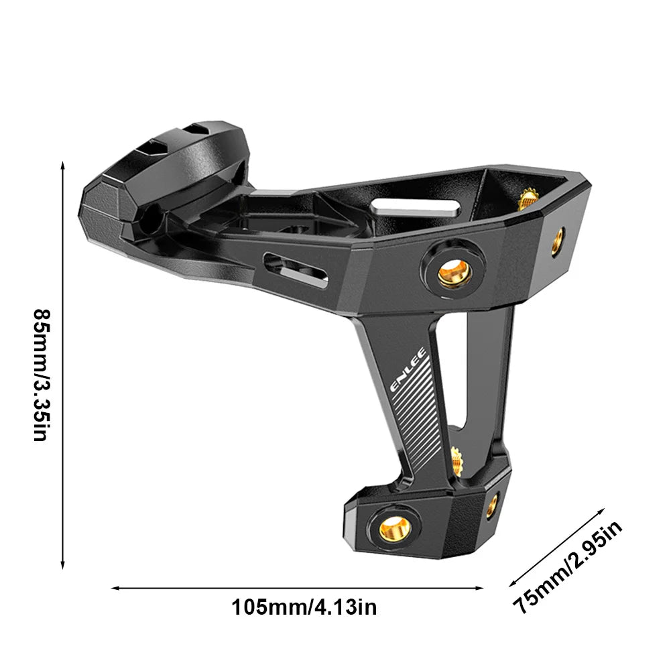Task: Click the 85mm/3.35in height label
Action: [41, 365]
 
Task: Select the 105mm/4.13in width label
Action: [304, 608]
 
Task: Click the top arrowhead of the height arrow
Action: [62, 164]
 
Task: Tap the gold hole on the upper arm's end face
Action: [558, 241]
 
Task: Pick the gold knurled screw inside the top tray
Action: [528, 197]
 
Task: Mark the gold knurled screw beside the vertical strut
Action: [456, 461]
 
